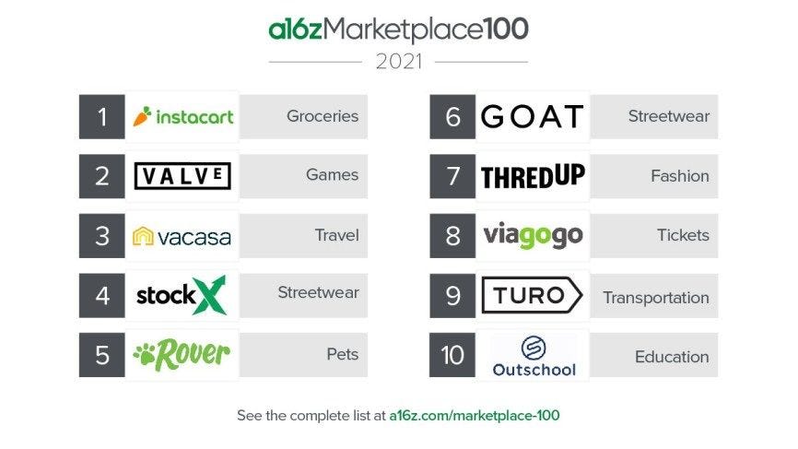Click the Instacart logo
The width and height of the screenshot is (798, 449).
tap(182, 117)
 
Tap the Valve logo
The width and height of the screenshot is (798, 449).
tap(182, 176)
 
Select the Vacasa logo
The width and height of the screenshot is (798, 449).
tap(182, 236)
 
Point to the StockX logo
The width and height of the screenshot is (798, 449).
tap(182, 295)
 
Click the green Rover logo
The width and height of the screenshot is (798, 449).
tap(182, 354)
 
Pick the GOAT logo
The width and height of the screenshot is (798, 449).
tap(532, 117)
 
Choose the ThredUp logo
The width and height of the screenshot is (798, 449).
tap(532, 176)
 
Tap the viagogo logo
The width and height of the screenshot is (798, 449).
tap(533, 236)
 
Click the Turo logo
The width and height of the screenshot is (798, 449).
tap(532, 296)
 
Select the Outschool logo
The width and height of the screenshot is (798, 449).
tap(534, 356)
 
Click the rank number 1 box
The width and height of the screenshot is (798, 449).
tap(102, 117)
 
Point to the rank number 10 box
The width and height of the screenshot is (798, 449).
tap(452, 356)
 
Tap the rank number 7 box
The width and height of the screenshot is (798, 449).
tap(452, 176)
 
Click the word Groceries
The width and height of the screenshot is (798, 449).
tap(323, 117)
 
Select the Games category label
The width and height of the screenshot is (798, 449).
tap(332, 175)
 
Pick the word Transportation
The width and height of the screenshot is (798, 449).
tap(656, 298)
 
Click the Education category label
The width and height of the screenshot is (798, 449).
tap(672, 357)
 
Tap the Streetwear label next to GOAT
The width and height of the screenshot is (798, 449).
tap(669, 117)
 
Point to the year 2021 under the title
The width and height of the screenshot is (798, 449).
tap(399, 63)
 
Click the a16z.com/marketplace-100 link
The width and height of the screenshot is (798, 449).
tap(474, 416)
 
